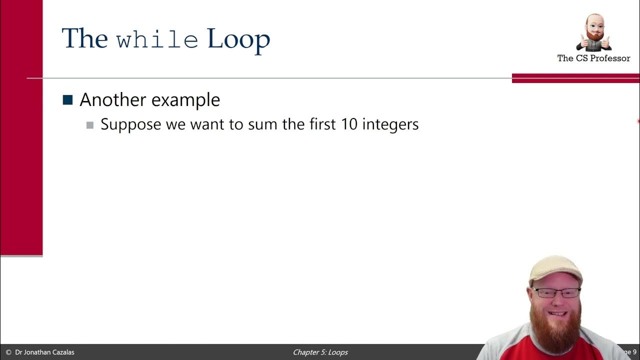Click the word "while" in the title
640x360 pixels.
pos(157,39)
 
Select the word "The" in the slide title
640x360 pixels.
pos(84,39)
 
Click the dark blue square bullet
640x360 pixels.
pos(67,99)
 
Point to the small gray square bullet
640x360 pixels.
pos(90,125)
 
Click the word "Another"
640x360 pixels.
pos(111,100)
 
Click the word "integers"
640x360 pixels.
pos(390,124)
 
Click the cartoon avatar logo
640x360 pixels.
pos(593,32)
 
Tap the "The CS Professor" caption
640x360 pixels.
pos(593,58)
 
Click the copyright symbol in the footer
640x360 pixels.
pos(8,352)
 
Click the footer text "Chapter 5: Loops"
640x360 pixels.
pos(320,352)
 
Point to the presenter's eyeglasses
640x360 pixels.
pos(555,292)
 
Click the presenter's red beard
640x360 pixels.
pos(554,325)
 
